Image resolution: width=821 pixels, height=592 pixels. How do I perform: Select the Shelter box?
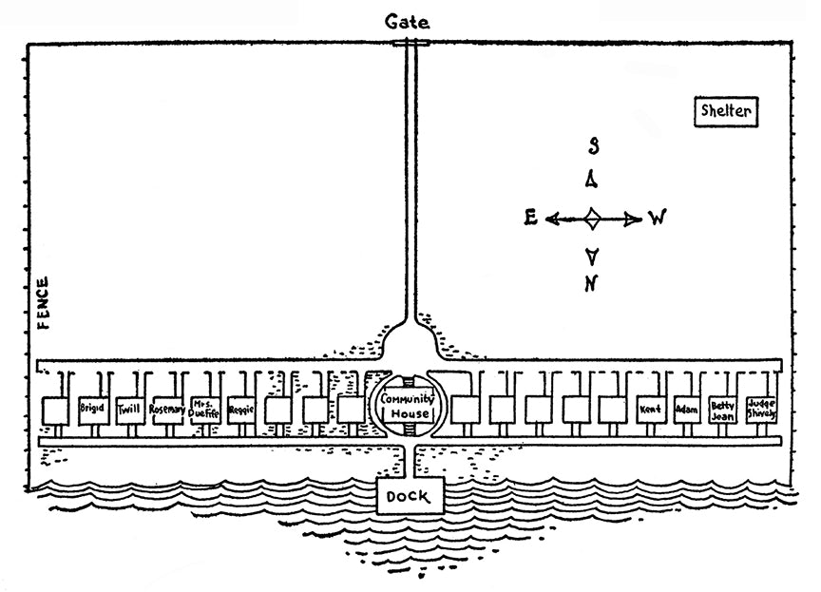click(x=726, y=111)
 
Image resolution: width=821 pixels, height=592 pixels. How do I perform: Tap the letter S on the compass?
click(x=593, y=145)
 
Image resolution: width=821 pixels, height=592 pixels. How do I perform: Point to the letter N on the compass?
click(x=591, y=282)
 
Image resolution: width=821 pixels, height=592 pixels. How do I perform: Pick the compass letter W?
click(x=657, y=219)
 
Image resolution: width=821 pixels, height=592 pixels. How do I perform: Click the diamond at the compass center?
click(x=591, y=219)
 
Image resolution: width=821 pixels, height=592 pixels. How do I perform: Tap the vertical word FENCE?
click(x=44, y=303)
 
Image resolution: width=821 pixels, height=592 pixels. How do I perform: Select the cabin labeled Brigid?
click(x=93, y=410)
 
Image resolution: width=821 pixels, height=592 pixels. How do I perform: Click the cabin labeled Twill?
click(x=129, y=410)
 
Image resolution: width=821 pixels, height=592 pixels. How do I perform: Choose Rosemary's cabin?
click(x=167, y=410)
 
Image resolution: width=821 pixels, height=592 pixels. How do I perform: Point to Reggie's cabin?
click(x=240, y=410)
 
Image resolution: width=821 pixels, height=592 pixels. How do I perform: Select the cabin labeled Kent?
click(x=651, y=410)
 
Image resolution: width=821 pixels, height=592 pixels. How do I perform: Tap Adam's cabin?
click(x=686, y=410)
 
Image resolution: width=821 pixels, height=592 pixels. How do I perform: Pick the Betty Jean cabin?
click(x=723, y=410)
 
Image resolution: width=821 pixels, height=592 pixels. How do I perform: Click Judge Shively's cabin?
click(x=762, y=410)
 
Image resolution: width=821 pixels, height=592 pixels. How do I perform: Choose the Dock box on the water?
click(x=410, y=495)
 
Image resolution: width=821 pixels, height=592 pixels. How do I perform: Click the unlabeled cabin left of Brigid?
click(x=56, y=411)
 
